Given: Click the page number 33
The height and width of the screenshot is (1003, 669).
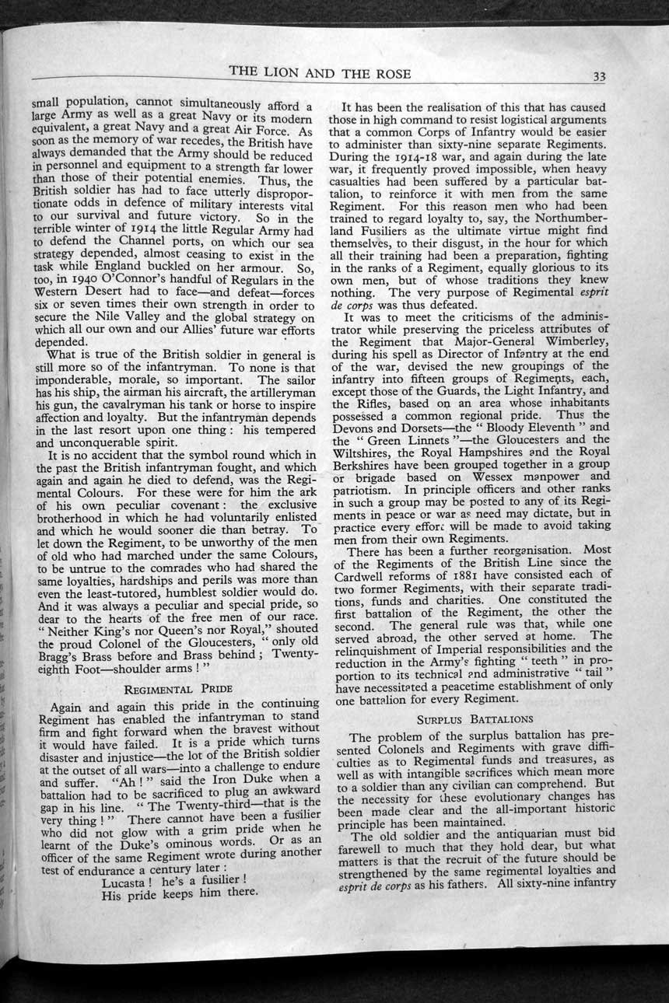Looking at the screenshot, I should (x=599, y=76).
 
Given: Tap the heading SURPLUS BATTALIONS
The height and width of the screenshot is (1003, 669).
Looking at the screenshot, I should (x=475, y=719).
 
